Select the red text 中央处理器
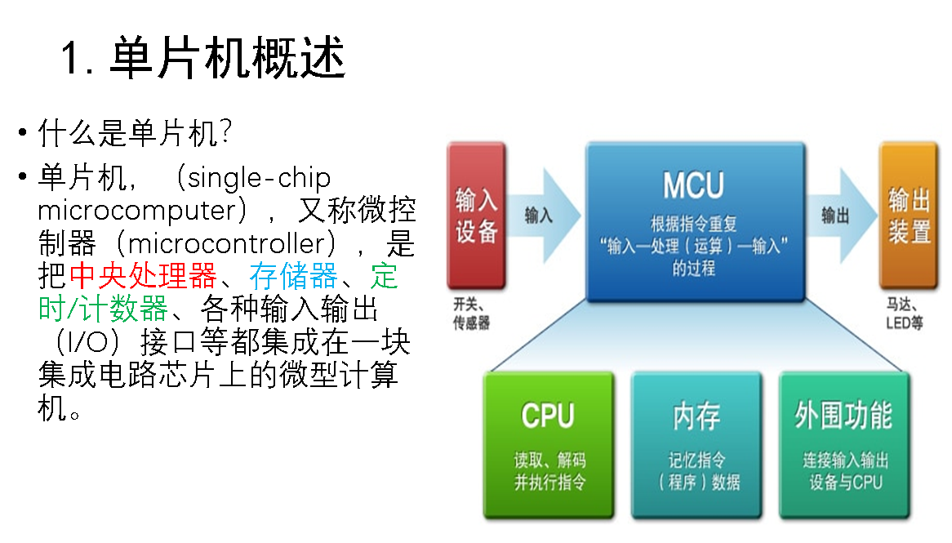(143, 277)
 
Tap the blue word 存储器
(293, 277)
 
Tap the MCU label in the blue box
(693, 186)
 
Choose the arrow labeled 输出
(838, 216)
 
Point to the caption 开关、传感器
(472, 315)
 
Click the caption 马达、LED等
(905, 315)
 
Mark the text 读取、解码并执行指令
(549, 471)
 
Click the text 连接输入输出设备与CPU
(844, 471)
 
